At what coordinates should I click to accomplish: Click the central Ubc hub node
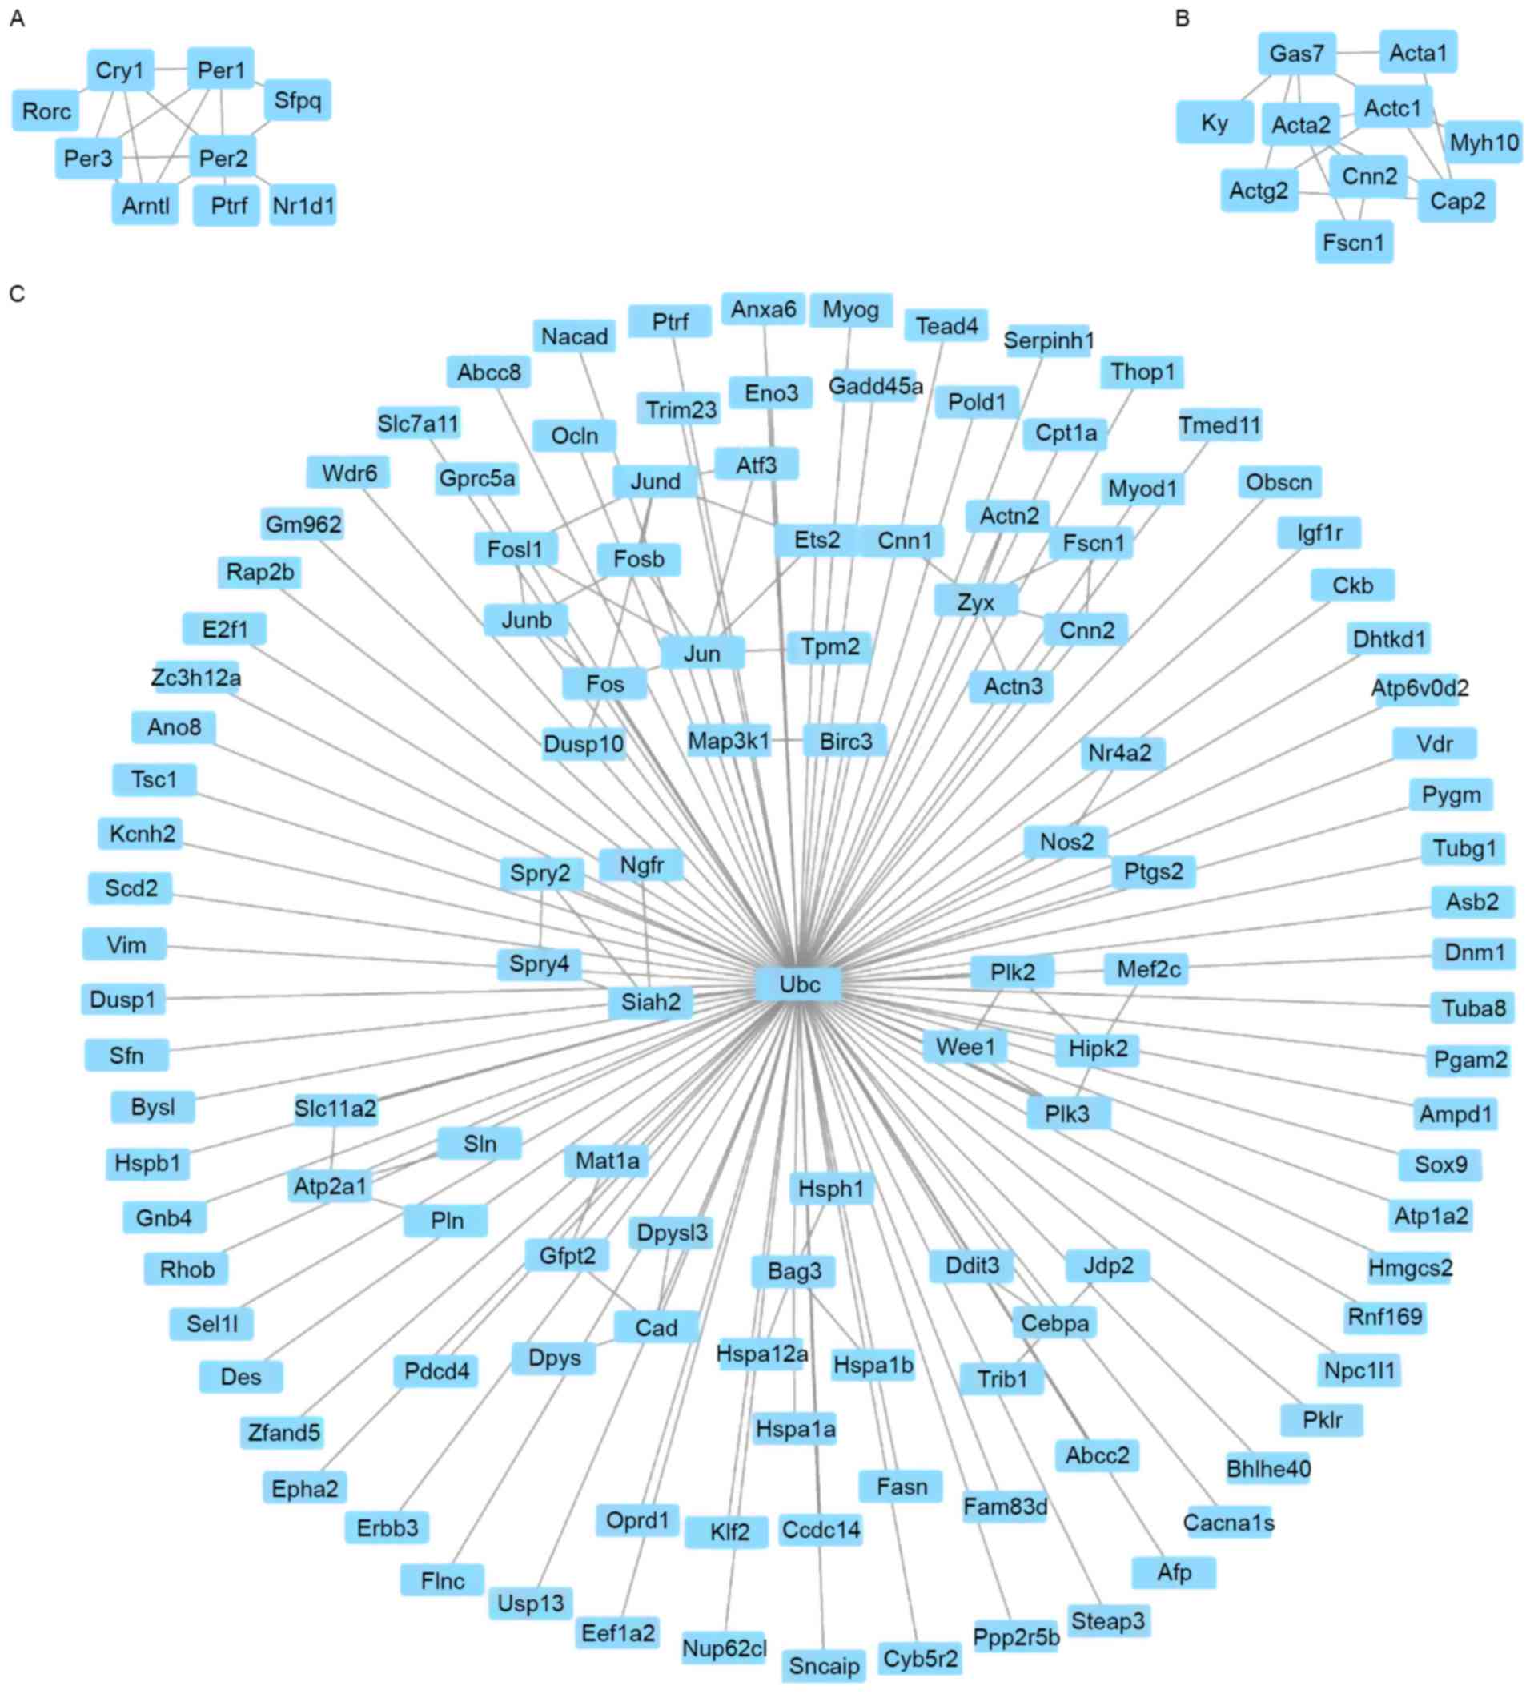(798, 984)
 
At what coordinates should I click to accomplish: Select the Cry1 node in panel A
(119, 70)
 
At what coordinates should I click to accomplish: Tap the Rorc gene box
(46, 111)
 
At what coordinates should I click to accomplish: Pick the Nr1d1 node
(303, 205)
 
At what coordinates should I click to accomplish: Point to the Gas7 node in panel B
(1296, 54)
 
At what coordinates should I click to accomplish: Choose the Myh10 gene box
(1483, 143)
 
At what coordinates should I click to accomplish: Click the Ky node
(1214, 123)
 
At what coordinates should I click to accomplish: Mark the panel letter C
(17, 293)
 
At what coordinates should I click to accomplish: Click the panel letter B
(1182, 18)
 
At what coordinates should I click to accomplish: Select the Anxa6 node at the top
(763, 309)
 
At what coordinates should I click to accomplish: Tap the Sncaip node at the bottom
(824, 1666)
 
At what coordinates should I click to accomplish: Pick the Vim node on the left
(126, 944)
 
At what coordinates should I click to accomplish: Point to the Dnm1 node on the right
(1473, 952)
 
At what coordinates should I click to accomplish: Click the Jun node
(701, 653)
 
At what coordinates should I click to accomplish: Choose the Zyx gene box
(975, 602)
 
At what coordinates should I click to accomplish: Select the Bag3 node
(793, 1270)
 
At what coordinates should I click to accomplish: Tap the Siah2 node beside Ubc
(650, 1001)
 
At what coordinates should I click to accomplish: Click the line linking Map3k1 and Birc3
(786, 740)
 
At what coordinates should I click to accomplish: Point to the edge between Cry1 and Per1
(171, 69)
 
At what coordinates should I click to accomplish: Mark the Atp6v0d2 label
(1420, 688)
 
